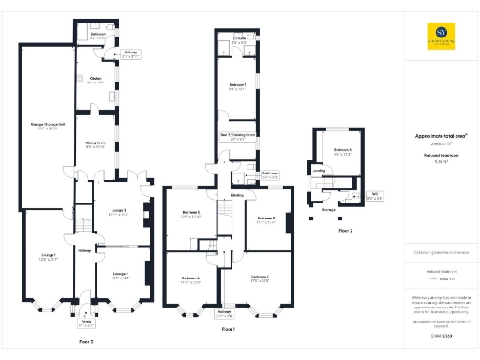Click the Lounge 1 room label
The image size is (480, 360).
[x=48, y=257]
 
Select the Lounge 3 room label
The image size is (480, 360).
[x=117, y=211]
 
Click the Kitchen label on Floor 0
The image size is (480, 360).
[x=95, y=80]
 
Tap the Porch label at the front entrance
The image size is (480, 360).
[x=88, y=324]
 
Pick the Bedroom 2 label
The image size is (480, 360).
[x=260, y=278]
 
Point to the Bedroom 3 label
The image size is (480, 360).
[x=265, y=221]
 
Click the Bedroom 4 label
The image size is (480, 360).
[x=190, y=278]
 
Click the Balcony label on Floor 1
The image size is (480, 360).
[x=224, y=312]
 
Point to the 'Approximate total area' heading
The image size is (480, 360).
[x=441, y=136]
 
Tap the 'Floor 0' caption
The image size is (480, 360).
[x=86, y=343]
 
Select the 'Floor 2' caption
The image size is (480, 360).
[x=346, y=230]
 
